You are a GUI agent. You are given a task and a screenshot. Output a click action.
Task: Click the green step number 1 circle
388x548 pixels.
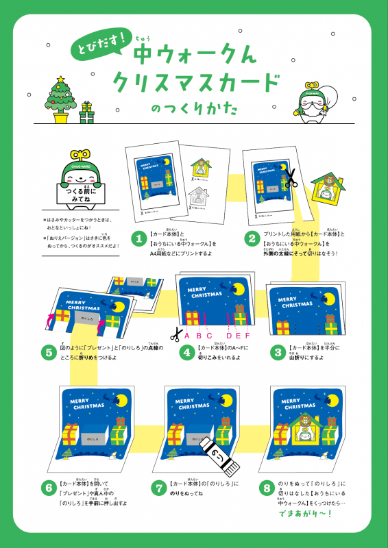point(138,238)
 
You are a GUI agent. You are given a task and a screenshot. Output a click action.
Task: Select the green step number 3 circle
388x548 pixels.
point(277,352)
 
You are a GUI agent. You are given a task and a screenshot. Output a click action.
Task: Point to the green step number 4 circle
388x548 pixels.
point(186,352)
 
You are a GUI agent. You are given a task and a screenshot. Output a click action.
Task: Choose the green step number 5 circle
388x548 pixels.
point(48,352)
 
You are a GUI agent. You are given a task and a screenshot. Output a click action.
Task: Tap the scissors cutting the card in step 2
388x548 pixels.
point(290,179)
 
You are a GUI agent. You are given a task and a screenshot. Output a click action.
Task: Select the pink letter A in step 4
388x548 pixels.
point(186,336)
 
